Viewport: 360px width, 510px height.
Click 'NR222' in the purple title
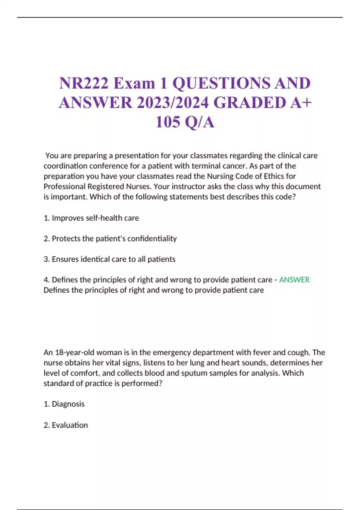click(x=84, y=83)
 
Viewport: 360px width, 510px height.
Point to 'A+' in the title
click(x=301, y=103)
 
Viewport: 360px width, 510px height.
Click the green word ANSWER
click(x=294, y=280)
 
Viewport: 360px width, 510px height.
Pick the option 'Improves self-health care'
click(x=95, y=218)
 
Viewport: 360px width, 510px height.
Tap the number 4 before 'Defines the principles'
click(x=46, y=280)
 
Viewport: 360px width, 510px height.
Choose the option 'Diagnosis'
click(x=68, y=404)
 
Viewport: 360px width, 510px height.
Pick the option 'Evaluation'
click(x=70, y=425)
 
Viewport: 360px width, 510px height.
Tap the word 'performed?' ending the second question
click(x=142, y=383)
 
